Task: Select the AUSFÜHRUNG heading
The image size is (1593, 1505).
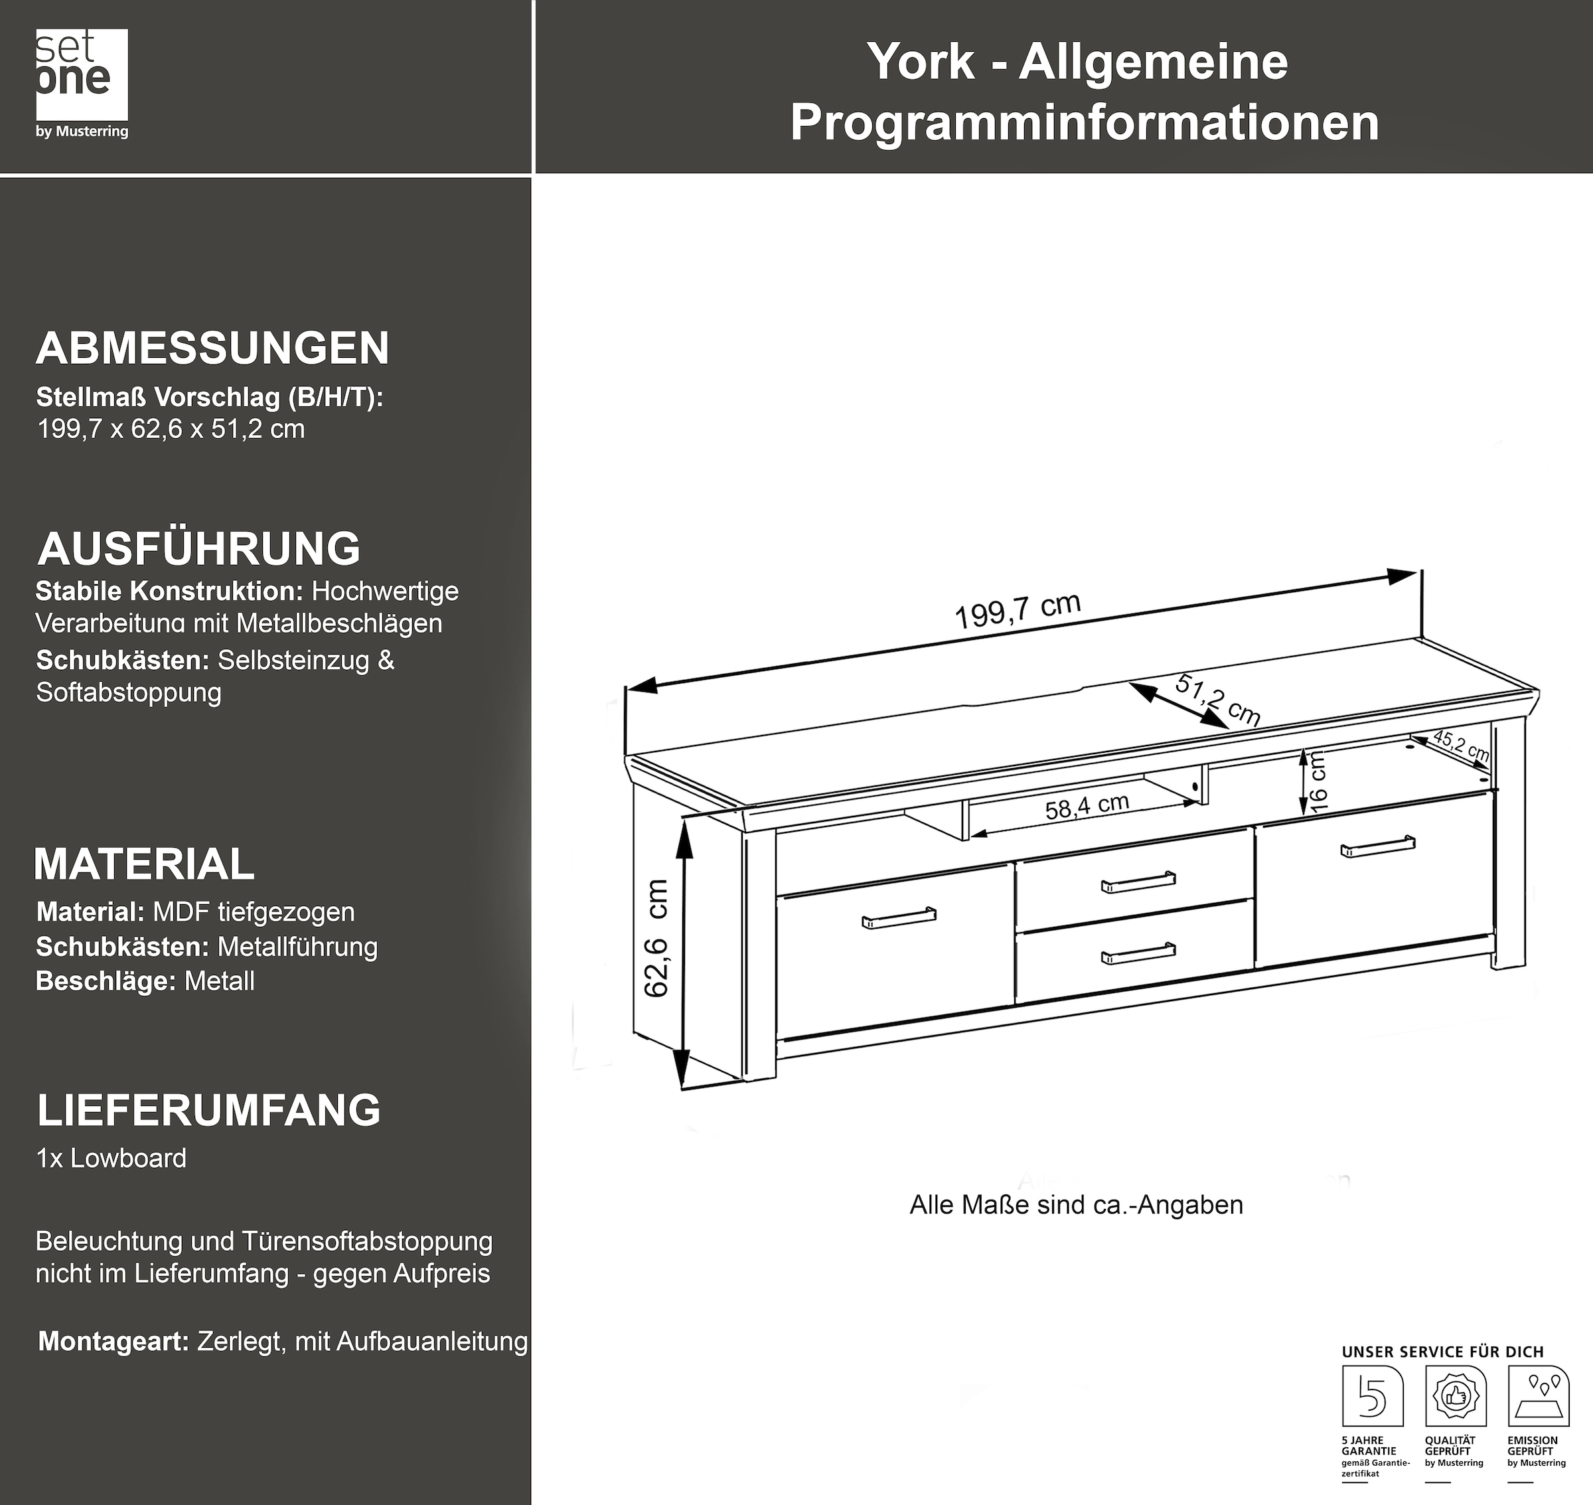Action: tap(199, 549)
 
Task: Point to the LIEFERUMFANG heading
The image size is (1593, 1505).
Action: tap(208, 1109)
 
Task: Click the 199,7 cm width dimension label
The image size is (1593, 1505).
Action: tap(1017, 611)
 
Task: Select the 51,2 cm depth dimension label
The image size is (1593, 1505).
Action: tap(1217, 700)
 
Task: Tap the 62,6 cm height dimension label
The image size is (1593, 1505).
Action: tap(657, 939)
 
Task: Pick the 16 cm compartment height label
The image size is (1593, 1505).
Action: tap(1318, 782)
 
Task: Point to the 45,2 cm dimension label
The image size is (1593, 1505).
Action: tap(1462, 746)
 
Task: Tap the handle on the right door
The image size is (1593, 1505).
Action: tap(1377, 846)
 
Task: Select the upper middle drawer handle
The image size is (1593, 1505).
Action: tap(1138, 882)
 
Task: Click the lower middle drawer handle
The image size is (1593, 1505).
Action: tap(1138, 952)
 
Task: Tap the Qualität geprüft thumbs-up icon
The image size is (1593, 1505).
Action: tap(1455, 1397)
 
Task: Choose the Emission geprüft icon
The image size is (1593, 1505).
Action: tap(1538, 1397)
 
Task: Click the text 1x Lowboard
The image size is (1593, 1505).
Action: tap(112, 1158)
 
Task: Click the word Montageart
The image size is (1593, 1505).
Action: tap(113, 1341)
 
